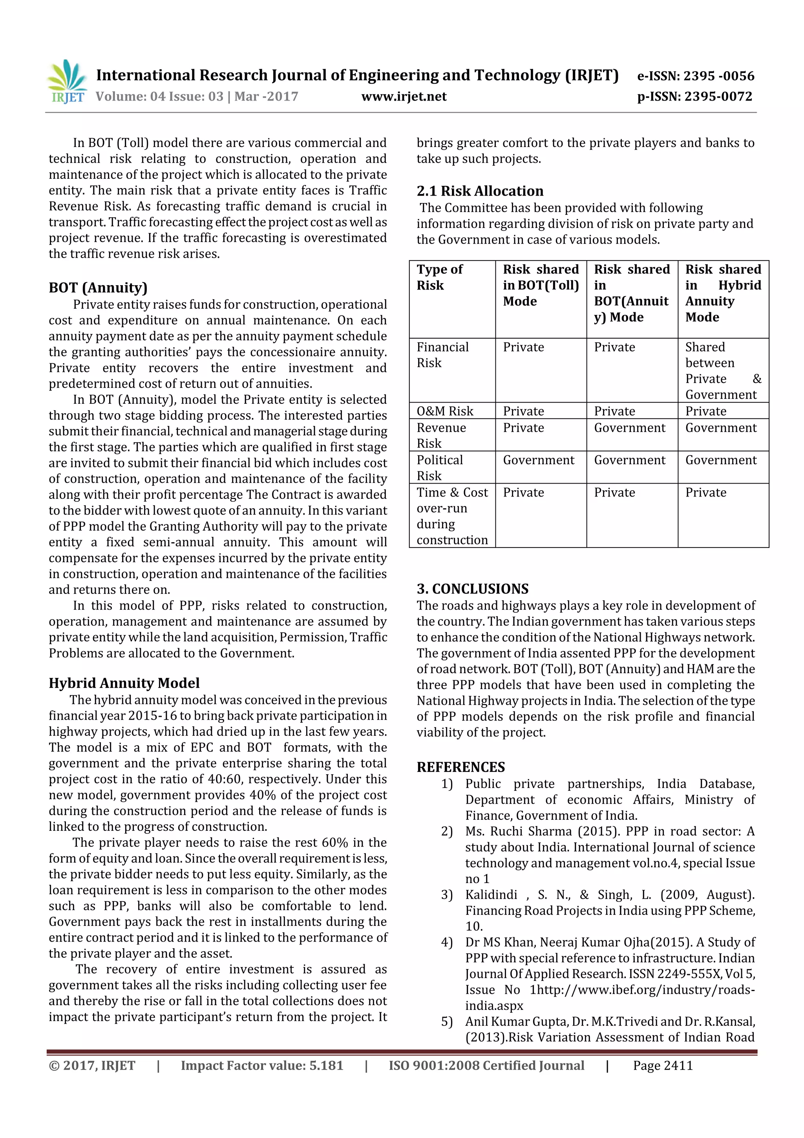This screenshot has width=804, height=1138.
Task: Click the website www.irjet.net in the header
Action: click(x=404, y=97)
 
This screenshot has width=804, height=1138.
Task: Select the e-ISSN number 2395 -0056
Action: click(x=718, y=76)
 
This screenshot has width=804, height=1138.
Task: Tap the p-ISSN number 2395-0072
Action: click(x=718, y=97)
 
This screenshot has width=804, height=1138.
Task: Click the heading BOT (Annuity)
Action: click(x=98, y=288)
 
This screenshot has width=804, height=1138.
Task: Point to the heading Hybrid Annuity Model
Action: click(x=124, y=683)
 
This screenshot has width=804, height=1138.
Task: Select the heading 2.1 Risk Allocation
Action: click(x=479, y=191)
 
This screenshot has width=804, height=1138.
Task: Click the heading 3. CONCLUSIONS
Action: click(x=472, y=589)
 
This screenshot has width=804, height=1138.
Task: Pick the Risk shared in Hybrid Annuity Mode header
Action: click(x=723, y=293)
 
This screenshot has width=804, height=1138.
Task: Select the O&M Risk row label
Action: click(x=445, y=411)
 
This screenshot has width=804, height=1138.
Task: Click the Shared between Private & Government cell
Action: click(x=723, y=371)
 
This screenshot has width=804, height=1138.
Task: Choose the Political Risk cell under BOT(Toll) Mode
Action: click(x=539, y=460)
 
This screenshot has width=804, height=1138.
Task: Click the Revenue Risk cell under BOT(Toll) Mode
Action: click(x=524, y=428)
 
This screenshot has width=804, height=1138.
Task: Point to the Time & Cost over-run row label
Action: click(x=452, y=516)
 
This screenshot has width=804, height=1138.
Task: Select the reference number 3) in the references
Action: click(x=446, y=895)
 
